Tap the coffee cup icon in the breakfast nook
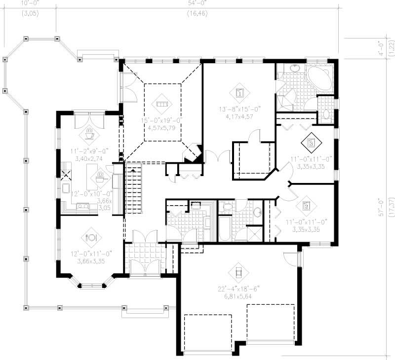click(x=90, y=133)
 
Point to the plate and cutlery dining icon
click(x=91, y=237)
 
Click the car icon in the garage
click(x=238, y=271)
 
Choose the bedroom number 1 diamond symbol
click(x=239, y=92)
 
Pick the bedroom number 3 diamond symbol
click(x=311, y=144)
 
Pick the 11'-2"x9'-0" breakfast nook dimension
click(x=90, y=151)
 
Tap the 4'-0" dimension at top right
click(x=381, y=47)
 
